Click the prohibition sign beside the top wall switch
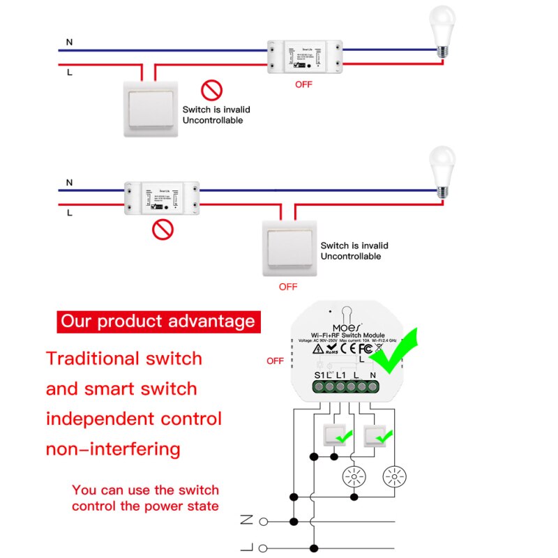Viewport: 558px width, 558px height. (x=211, y=90)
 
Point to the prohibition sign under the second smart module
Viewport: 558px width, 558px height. (x=163, y=229)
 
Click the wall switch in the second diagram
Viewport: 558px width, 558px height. (x=289, y=248)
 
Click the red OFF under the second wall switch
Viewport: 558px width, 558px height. (x=288, y=287)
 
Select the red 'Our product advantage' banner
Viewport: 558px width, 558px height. (x=158, y=322)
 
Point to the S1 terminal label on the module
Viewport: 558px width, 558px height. (x=319, y=375)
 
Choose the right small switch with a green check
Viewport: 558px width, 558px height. (x=377, y=437)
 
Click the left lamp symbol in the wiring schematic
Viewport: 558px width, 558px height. (x=354, y=476)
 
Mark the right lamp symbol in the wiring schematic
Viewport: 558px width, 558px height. (x=393, y=476)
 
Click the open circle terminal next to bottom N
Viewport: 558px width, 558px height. (x=264, y=521)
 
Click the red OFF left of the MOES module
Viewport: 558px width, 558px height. (x=275, y=361)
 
